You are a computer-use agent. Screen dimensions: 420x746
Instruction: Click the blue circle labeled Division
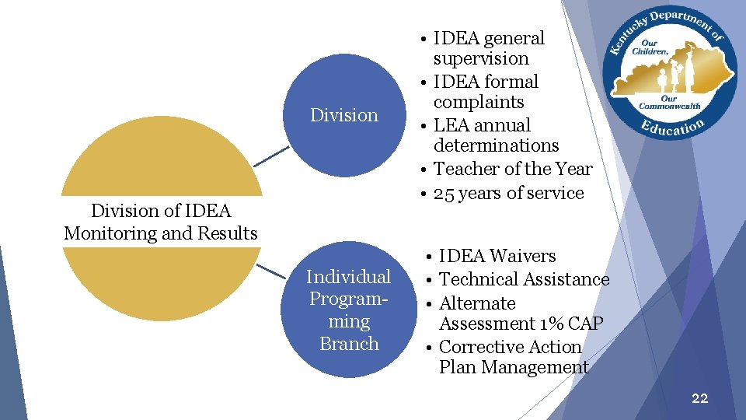click(x=344, y=115)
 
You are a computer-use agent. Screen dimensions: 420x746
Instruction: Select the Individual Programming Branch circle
click(x=349, y=311)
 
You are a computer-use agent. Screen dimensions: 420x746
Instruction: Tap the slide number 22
click(x=699, y=398)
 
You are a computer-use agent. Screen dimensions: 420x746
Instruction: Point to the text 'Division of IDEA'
click(x=161, y=211)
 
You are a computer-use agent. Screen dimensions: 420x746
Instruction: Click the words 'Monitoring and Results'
click(x=161, y=233)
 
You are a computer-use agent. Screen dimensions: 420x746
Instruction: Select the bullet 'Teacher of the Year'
click(x=512, y=169)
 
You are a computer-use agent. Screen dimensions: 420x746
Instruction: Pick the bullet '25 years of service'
click(x=508, y=193)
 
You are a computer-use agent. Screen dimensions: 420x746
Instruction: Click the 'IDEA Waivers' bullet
click(x=497, y=256)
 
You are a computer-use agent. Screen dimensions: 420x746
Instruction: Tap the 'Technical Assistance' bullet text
click(x=524, y=279)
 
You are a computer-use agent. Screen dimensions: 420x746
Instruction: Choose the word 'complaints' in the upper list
click(x=479, y=102)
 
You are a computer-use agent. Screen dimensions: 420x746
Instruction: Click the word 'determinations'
click(x=496, y=145)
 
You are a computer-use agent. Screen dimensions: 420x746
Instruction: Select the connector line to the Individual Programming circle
click(x=271, y=271)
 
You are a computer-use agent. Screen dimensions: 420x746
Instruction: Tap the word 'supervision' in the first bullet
click(x=481, y=58)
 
